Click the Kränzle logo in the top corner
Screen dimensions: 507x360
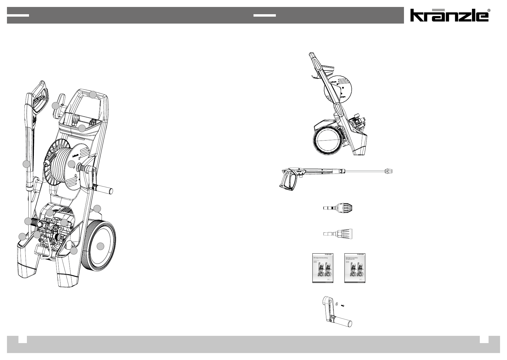coord(449,15)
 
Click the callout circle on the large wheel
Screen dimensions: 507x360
coord(101,246)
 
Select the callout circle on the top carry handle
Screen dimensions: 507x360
coord(93,95)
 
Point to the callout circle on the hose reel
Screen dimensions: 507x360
coord(71,164)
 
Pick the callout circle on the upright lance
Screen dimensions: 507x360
coord(27,164)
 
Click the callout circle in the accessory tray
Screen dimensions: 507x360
coord(82,128)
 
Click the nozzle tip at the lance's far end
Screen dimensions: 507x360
coord(389,171)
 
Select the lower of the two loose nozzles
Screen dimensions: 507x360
coord(337,234)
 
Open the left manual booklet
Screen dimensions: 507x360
coord(323,268)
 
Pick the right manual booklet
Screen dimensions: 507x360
coord(355,268)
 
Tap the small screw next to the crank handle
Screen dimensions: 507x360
coord(343,306)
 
